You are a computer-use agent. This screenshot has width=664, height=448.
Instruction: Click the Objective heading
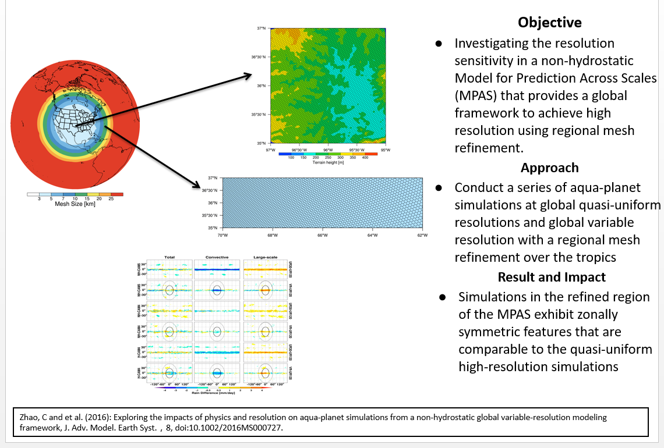550,23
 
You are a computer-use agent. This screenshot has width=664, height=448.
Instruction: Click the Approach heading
549,168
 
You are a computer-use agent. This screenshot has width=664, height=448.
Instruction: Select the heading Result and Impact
552,277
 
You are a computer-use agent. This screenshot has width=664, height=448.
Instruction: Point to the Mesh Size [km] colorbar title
75,204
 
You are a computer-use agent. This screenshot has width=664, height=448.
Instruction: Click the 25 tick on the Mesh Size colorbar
111,199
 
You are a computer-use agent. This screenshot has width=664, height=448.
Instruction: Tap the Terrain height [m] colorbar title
329,162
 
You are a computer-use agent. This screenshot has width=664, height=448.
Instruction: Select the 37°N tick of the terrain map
261,29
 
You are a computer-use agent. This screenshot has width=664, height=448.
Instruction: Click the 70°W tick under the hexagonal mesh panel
222,235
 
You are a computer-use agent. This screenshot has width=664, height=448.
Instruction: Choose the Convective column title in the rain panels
217,257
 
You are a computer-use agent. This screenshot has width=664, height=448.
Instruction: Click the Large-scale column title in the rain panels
264,257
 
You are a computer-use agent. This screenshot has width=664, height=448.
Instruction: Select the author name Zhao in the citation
23,418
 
